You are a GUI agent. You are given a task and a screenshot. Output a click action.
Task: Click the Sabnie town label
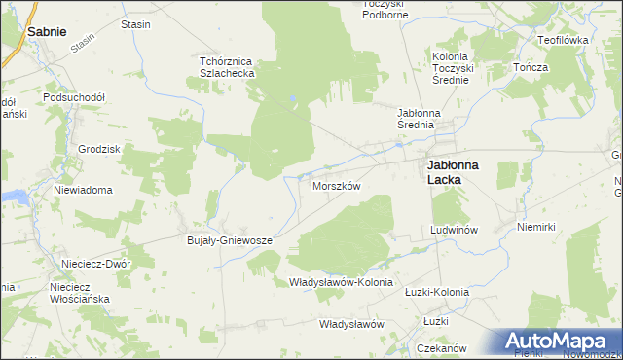[x=47, y=31]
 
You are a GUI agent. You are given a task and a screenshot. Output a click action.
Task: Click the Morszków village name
[x=337, y=185]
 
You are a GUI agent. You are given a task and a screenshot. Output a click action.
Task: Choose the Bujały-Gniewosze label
[x=229, y=239]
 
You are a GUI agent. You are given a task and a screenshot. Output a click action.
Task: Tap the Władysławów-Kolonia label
[x=341, y=282]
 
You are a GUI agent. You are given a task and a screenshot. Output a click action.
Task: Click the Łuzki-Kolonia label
[x=436, y=292]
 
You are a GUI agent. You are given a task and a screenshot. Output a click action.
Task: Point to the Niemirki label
[x=536, y=227]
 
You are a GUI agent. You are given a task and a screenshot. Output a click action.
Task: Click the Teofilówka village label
[x=563, y=40]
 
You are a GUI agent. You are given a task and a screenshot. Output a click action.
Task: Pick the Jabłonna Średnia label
[x=421, y=120]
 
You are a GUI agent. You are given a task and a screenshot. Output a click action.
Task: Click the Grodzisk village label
[x=97, y=149]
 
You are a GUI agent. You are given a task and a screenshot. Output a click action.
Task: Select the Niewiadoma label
[x=84, y=190]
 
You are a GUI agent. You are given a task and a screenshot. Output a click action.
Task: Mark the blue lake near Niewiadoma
[x=14, y=197]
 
